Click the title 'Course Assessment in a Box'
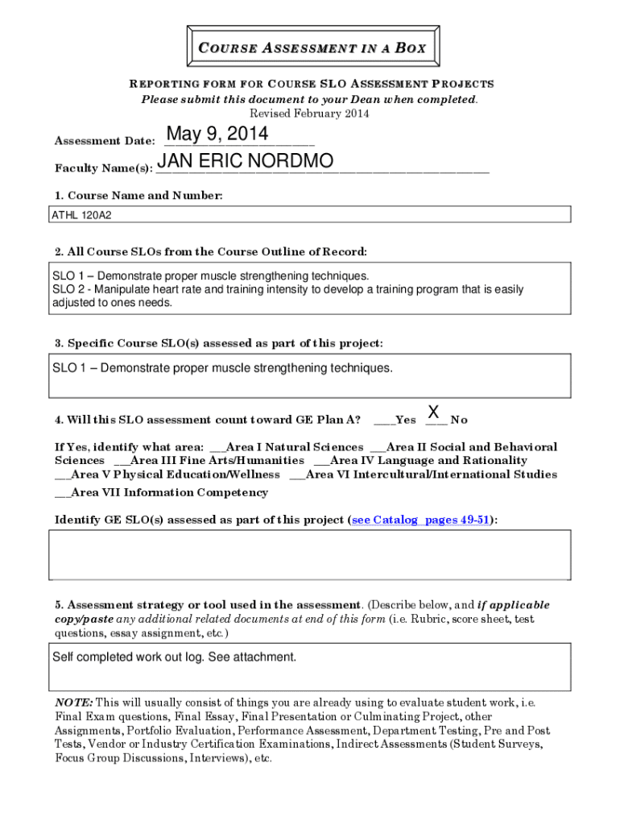coord(311,48)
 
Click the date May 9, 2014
coord(217,134)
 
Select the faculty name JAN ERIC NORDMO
coord(245,163)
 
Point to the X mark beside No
coord(433,412)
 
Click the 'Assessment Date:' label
coord(105,141)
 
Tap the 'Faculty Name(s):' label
coord(104,169)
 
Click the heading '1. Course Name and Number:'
coord(138,196)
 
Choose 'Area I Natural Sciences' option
coord(294,447)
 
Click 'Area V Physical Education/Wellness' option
coord(174,475)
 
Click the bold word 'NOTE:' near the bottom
coord(74,702)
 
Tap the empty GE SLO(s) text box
coord(310,554)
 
